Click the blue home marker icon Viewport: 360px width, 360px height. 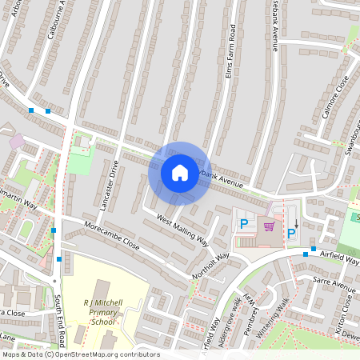click(179, 173)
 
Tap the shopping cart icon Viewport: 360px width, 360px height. click(268, 227)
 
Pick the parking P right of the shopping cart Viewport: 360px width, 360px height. click(291, 233)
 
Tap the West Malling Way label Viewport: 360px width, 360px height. click(182, 230)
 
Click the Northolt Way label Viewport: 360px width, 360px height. click(210, 266)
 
